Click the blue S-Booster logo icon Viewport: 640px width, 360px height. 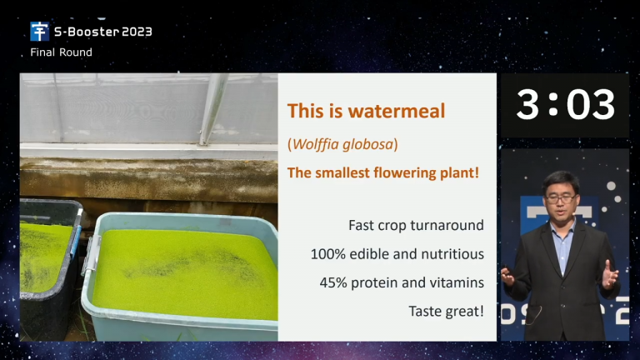(x=40, y=32)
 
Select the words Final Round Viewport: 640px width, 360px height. (x=61, y=52)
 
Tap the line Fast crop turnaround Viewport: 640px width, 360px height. (x=416, y=225)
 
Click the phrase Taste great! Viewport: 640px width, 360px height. (x=446, y=312)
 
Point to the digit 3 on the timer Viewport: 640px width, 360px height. (x=527, y=105)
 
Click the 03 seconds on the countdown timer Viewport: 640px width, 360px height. (x=591, y=105)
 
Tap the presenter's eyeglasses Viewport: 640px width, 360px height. (x=561, y=199)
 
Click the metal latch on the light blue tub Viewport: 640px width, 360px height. (x=91, y=254)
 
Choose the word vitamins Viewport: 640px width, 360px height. (x=459, y=282)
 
